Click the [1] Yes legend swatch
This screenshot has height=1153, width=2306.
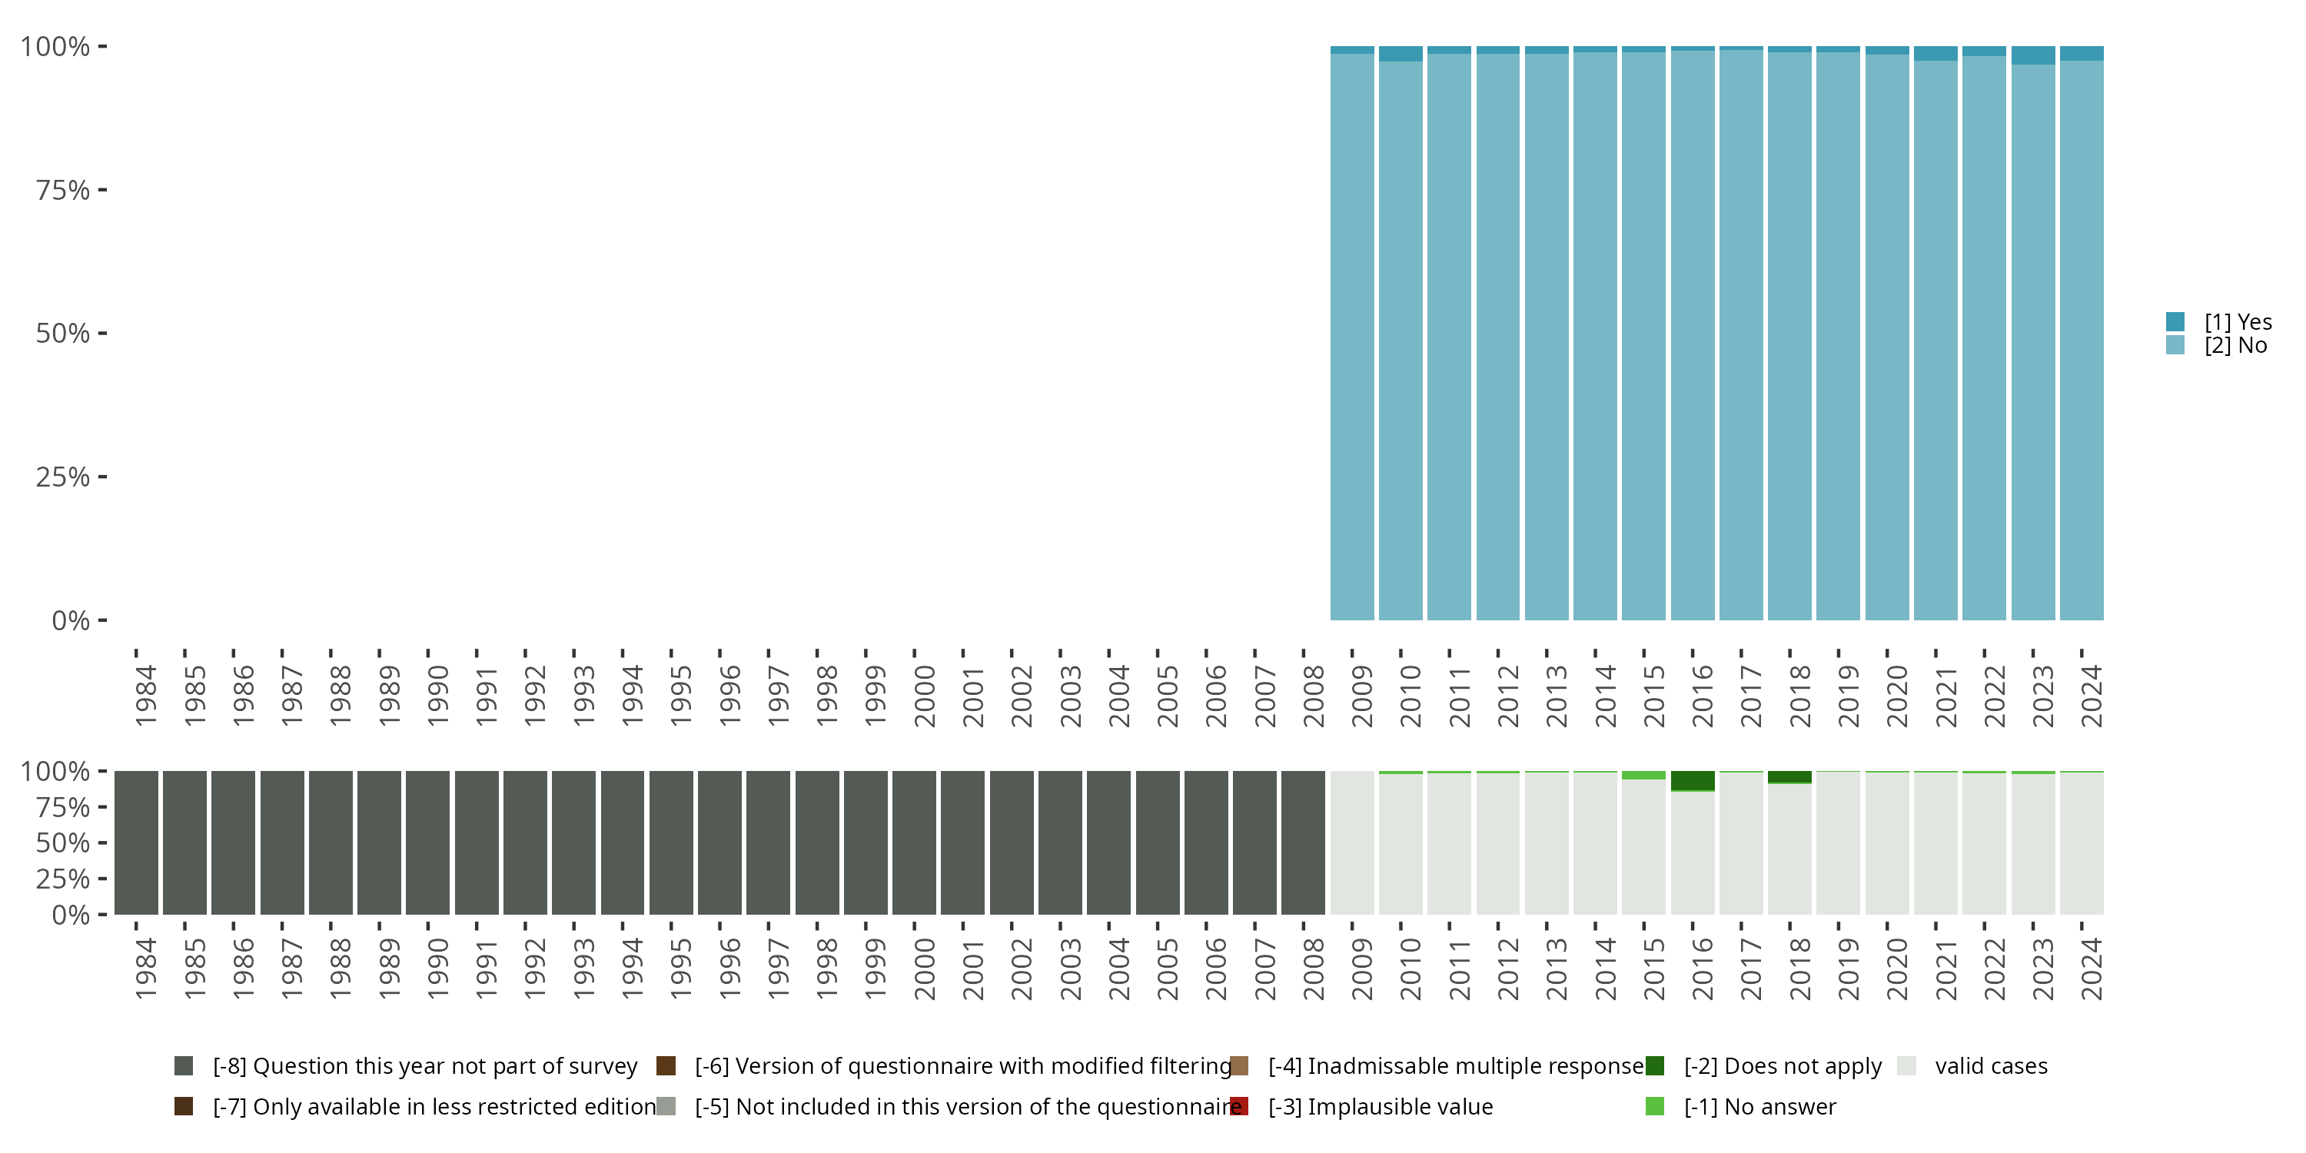point(2175,321)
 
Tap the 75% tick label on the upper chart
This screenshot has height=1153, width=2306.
point(63,190)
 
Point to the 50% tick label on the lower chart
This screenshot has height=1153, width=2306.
point(63,843)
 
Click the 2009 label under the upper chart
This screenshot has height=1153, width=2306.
point(1361,696)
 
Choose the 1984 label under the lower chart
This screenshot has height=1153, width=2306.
point(146,969)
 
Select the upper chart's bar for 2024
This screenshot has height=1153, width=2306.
point(2082,341)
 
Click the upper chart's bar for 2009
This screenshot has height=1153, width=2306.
point(1352,341)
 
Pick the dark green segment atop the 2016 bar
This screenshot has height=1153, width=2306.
point(1693,781)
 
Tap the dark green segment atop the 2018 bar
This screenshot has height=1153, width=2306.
point(1789,776)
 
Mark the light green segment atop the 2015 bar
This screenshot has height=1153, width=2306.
point(1643,776)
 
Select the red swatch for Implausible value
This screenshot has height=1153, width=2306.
point(1239,1106)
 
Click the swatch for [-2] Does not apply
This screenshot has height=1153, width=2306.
point(1654,1066)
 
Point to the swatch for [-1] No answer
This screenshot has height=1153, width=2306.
point(1654,1106)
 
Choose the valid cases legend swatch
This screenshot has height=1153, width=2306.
point(1907,1066)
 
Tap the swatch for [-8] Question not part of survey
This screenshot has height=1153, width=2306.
point(184,1066)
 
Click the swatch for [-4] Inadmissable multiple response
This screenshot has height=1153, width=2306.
point(1239,1066)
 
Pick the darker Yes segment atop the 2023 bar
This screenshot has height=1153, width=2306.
point(2033,55)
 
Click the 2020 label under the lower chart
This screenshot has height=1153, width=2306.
point(1897,969)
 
